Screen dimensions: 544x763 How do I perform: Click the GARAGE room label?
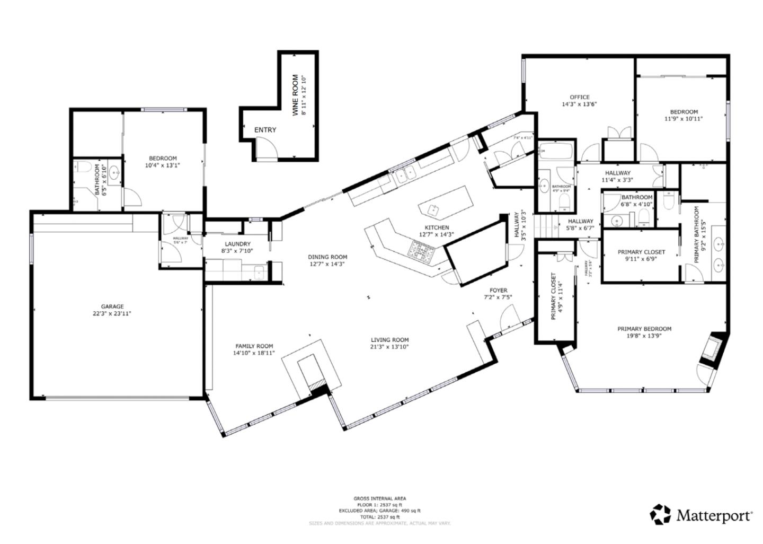(112, 306)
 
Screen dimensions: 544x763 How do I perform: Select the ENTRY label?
(265, 130)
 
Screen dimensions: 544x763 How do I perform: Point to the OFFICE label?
(579, 97)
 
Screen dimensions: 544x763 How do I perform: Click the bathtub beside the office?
(555, 152)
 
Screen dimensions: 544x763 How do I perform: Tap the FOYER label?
(498, 291)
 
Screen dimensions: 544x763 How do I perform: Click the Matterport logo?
(701, 515)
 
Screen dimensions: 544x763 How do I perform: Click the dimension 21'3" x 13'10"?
(389, 347)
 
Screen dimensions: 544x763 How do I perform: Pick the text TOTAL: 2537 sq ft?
(379, 516)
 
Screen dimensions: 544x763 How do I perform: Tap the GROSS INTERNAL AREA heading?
(379, 498)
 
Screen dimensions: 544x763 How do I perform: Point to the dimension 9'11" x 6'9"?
(641, 260)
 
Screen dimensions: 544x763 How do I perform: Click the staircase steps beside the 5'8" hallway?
(546, 226)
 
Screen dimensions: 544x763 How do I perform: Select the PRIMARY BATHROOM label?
(697, 235)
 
